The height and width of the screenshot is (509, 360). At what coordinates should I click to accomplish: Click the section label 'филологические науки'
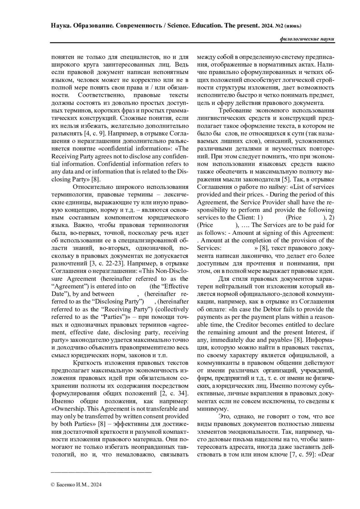(307, 39)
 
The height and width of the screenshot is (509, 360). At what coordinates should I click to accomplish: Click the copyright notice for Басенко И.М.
(76, 484)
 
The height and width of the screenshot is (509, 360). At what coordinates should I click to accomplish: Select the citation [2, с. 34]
(172, 393)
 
